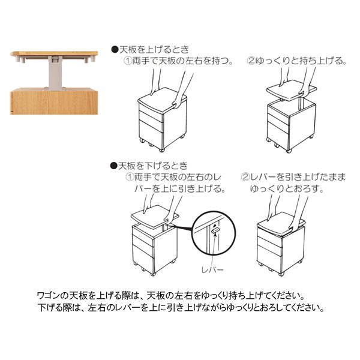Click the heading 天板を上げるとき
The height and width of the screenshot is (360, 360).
click(x=154, y=50)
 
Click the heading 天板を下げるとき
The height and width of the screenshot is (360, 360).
click(x=153, y=166)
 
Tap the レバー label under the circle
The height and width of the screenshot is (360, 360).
click(x=212, y=269)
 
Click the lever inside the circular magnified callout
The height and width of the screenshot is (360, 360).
click(x=216, y=230)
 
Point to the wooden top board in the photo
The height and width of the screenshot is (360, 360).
click(x=54, y=53)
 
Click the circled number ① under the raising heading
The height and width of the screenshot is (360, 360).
click(x=128, y=61)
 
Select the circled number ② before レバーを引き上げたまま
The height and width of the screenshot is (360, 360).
click(x=245, y=177)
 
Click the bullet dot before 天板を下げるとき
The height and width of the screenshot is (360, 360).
click(x=113, y=166)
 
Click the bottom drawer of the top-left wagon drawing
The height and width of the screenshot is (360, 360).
click(x=151, y=136)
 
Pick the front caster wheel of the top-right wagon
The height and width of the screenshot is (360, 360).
click(x=289, y=151)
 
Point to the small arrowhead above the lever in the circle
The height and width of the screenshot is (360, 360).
click(x=215, y=226)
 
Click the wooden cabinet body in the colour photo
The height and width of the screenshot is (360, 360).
click(x=54, y=101)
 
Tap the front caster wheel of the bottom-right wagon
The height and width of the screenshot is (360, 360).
click(x=280, y=274)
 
